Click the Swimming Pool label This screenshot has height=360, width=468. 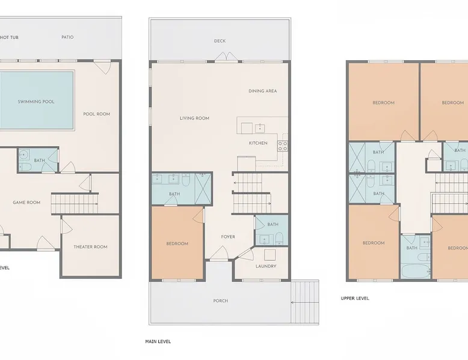[x=36, y=102]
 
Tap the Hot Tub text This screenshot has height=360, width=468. [x=9, y=38]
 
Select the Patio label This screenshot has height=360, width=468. [x=67, y=37]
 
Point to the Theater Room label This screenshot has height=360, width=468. [x=90, y=247]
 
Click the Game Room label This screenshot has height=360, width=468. [x=26, y=203]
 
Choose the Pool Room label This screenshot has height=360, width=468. [x=97, y=114]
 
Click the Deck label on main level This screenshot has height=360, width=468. [x=220, y=41]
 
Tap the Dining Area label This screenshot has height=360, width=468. [x=263, y=91]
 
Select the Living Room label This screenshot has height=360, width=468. [x=194, y=118]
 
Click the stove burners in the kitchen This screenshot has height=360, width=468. [x=283, y=146]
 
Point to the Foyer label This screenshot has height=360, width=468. [x=228, y=237]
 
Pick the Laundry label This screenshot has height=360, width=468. [x=266, y=266]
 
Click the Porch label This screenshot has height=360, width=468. [x=221, y=301]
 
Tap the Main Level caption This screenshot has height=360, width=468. [x=158, y=341]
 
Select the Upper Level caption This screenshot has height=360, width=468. [x=355, y=298]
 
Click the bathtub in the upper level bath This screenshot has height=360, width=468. [x=416, y=272]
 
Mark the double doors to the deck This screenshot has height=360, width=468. [x=227, y=57]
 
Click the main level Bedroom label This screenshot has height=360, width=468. [x=177, y=243]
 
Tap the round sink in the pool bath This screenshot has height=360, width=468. [x=23, y=155]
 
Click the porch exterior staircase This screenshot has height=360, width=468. [x=305, y=302]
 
